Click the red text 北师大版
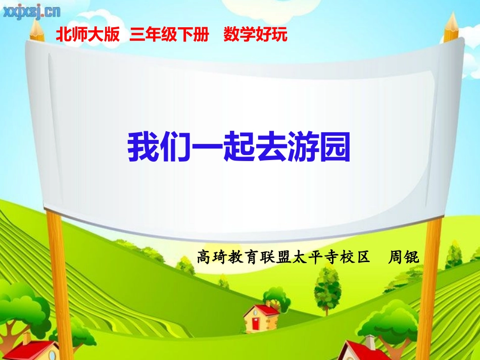[88, 35]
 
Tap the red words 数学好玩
[255, 35]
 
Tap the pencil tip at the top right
[451, 19]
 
